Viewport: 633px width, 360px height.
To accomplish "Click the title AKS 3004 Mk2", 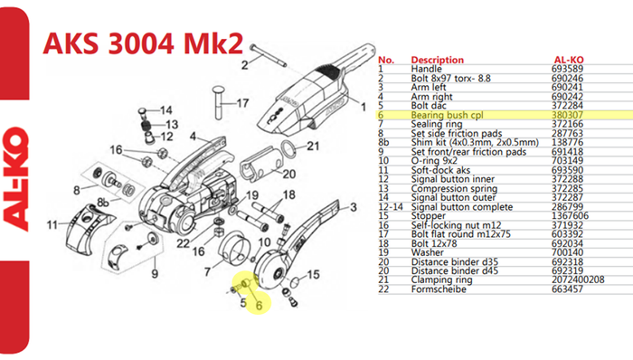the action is [143, 43].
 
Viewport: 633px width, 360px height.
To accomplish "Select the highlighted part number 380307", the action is [567, 115].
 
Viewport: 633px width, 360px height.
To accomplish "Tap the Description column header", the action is [437, 60].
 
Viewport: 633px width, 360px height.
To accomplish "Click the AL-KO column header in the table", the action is [569, 60].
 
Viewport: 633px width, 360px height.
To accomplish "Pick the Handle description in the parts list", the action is [426, 69].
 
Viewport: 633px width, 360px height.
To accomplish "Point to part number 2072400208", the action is [578, 279].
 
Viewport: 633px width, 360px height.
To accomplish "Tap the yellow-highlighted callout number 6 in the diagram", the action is [259, 306].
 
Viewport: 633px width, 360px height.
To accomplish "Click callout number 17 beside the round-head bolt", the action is [242, 103].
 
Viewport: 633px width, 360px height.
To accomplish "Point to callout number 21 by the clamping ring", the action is [313, 147].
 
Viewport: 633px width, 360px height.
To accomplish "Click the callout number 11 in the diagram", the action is [52, 224].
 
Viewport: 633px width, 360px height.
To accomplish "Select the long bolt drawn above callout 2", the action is [268, 55].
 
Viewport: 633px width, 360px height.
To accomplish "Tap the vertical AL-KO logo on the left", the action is [15, 180].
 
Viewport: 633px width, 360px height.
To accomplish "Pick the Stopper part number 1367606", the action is [570, 215].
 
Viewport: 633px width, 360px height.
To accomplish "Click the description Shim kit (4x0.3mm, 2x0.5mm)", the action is [475, 143].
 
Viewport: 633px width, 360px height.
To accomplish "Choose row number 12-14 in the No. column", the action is [391, 206].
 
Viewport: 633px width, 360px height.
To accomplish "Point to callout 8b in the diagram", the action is [103, 203].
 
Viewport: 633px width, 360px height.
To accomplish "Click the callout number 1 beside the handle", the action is [364, 107].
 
